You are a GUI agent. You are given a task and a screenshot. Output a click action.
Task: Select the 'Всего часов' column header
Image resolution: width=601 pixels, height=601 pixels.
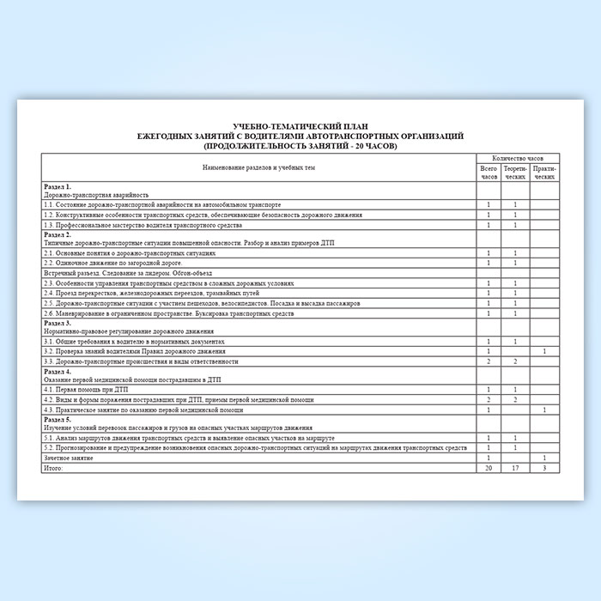pyautogui.click(x=489, y=173)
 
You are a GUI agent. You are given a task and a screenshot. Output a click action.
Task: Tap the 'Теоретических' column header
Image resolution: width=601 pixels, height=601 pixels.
pyautogui.click(x=515, y=173)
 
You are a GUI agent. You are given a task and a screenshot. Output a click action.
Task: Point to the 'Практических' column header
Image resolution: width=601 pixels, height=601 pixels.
pyautogui.click(x=544, y=173)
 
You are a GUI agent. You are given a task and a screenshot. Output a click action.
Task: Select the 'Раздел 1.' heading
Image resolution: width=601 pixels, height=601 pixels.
pyautogui.click(x=57, y=186)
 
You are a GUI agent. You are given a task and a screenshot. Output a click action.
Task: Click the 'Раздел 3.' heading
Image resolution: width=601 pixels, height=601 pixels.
pyautogui.click(x=57, y=322)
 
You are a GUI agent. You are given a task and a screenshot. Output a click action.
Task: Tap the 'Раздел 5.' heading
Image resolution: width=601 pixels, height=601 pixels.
pyautogui.click(x=57, y=419)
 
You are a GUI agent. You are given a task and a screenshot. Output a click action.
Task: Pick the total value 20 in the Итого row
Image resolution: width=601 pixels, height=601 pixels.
pyautogui.click(x=489, y=468)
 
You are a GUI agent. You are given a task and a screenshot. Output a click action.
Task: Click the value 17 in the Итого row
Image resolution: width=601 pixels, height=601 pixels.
pyautogui.click(x=515, y=468)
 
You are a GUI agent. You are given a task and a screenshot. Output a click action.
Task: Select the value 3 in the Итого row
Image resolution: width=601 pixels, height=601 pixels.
pyautogui.click(x=544, y=468)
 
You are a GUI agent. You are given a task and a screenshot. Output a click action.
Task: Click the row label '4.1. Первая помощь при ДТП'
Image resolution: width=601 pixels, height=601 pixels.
pyautogui.click(x=79, y=390)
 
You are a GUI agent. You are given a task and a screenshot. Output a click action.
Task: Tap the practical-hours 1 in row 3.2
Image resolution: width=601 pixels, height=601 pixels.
pyautogui.click(x=544, y=351)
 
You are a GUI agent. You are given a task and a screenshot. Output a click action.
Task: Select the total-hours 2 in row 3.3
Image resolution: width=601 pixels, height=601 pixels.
pyautogui.click(x=489, y=361)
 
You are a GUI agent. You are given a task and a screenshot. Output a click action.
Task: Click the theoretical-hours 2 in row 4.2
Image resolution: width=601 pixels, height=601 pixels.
pyautogui.click(x=515, y=399)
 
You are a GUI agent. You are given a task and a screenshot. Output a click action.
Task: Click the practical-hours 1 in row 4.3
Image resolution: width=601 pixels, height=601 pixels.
pyautogui.click(x=544, y=410)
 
